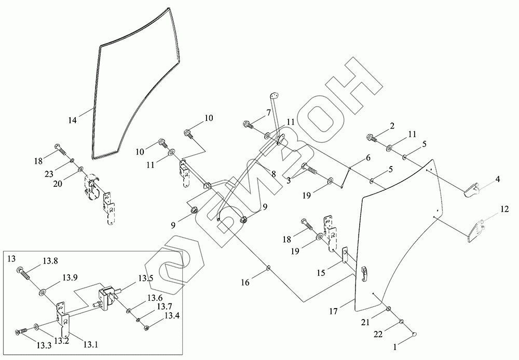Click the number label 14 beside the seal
point(72,120)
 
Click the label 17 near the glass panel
point(333,312)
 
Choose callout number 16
point(245,283)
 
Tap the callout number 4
point(497,179)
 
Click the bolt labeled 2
point(372,137)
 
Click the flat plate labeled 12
point(477,231)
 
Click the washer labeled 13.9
point(42,293)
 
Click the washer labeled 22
point(401,323)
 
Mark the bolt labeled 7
point(248,125)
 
